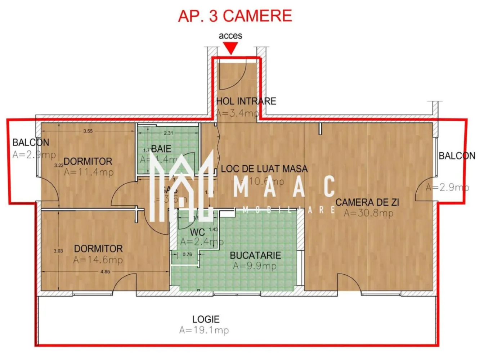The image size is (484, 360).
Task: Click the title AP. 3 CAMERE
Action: (x=235, y=16)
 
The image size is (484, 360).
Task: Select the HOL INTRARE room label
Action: (x=246, y=101)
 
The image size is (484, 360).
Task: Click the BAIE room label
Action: (x=161, y=149)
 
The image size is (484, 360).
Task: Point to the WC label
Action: (x=197, y=233)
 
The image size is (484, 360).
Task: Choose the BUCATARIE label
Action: (x=255, y=255)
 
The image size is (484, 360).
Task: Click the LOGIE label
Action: (x=206, y=319)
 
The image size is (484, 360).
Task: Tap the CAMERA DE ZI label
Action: (x=367, y=202)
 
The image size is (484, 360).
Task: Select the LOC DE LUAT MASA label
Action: (x=264, y=169)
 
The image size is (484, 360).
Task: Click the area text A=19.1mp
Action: (x=204, y=330)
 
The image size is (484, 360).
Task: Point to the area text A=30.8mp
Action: (x=368, y=213)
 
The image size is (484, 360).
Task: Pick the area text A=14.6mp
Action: (x=98, y=260)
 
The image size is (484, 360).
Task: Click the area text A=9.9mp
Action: (x=255, y=266)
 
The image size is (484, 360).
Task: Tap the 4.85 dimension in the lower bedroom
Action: (x=105, y=272)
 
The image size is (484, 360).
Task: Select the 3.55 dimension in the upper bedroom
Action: (x=88, y=131)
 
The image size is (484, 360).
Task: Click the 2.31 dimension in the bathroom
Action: (x=169, y=133)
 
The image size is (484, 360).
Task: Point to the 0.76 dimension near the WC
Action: (x=187, y=255)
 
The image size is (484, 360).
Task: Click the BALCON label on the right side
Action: (x=457, y=156)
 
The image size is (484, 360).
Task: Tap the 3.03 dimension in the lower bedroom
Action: (x=58, y=251)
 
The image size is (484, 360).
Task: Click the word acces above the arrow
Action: (x=230, y=36)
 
